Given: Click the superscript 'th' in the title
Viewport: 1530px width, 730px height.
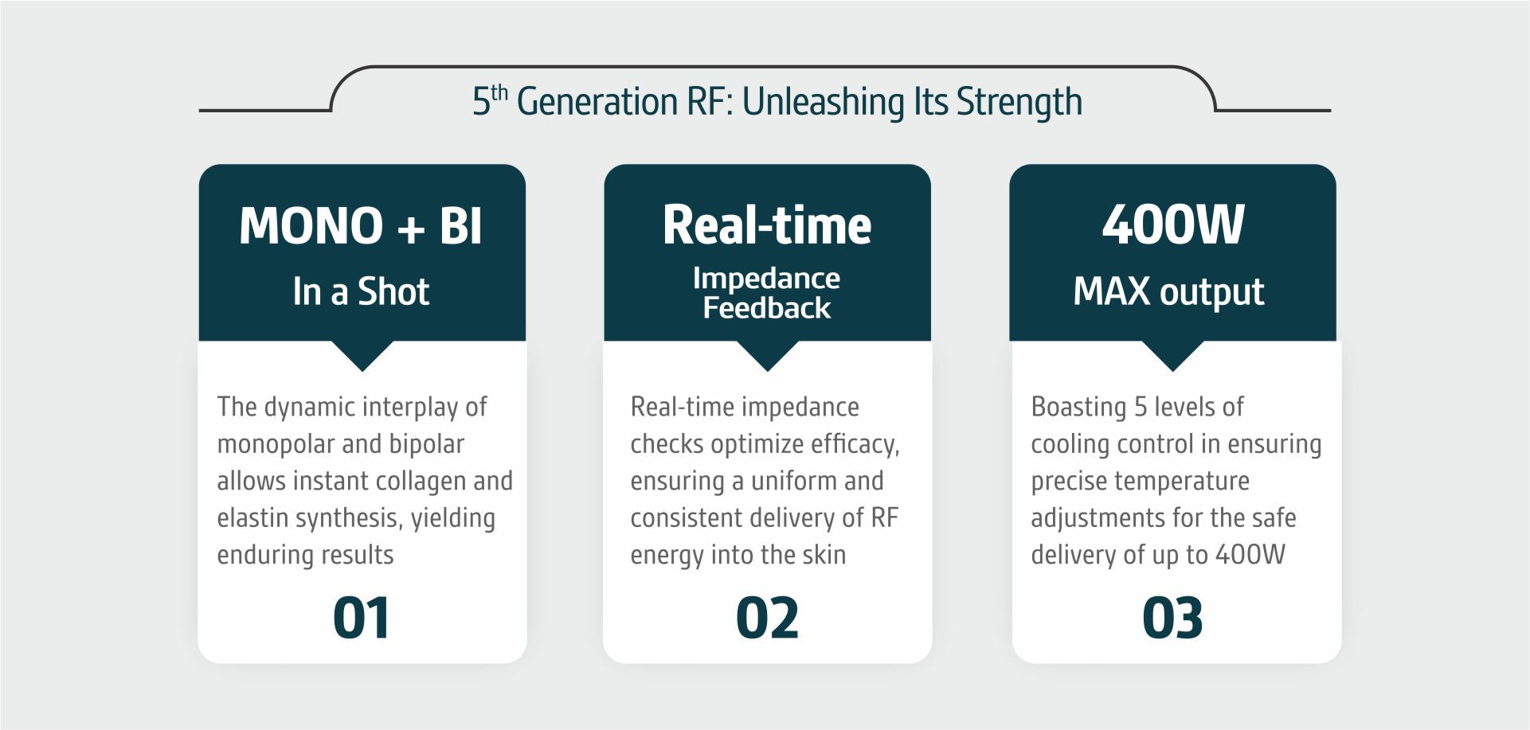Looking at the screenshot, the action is click(x=499, y=92).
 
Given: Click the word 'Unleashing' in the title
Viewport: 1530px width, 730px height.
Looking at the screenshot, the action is click(x=822, y=102).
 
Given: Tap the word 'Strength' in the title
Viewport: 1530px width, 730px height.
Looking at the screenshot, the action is click(x=1019, y=102).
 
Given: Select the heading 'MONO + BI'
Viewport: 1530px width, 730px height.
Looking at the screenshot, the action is click(x=361, y=225).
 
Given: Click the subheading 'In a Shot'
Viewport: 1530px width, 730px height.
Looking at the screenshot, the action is click(x=361, y=291).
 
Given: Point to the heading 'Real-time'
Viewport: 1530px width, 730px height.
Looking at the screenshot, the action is click(x=767, y=225).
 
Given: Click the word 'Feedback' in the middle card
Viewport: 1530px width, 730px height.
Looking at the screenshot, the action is click(x=767, y=308).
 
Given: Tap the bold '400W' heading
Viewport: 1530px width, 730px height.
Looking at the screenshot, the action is click(x=1173, y=224).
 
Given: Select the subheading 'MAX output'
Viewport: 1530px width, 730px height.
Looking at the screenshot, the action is click(x=1168, y=292).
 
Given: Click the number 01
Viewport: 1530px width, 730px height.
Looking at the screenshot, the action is click(x=362, y=618).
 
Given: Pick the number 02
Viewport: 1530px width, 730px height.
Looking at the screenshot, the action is click(x=767, y=618).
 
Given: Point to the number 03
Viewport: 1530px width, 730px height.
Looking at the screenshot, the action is click(x=1172, y=618).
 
